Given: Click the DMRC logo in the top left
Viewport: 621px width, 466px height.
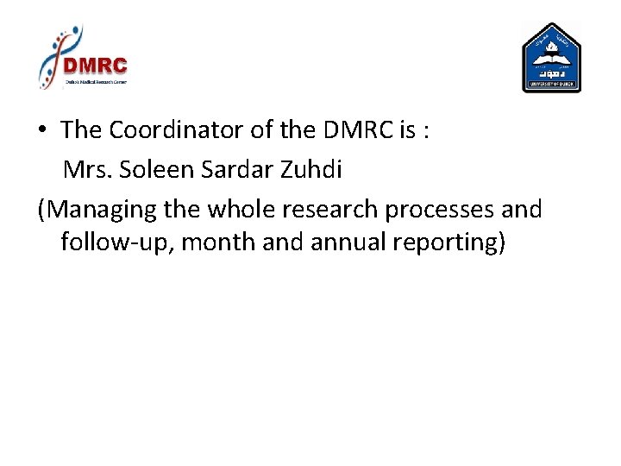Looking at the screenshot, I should coord(83,59).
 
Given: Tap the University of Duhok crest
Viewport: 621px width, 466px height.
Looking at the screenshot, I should coord(552,59).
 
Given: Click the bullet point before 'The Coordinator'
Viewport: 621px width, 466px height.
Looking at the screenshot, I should coord(42,131).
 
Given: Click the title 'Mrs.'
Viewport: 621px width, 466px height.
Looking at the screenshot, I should coord(88,170).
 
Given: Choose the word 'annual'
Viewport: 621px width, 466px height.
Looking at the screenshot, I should coord(346,242).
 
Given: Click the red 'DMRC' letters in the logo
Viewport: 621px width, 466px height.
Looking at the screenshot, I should coord(97,66).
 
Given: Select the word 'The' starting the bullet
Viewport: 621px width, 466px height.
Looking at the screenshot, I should coord(81,130).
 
